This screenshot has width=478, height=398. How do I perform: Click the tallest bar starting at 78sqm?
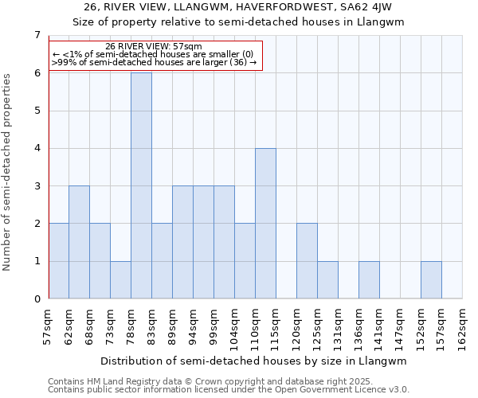pos(141,185)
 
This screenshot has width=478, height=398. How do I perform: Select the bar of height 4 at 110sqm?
pos(265,224)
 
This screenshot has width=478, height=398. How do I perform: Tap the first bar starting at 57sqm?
pos(58,261)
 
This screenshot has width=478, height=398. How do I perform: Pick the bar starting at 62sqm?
pos(79,242)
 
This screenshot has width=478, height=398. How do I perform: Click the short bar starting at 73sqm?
pos(120,280)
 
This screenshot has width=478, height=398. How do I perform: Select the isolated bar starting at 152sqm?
pos(431,280)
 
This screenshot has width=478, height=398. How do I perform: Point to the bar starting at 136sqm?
pos(369,280)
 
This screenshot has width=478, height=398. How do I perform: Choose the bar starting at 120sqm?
pos(307,261)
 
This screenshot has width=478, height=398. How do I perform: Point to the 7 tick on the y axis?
pos(37,35)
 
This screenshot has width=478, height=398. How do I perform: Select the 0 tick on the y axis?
pos(37,299)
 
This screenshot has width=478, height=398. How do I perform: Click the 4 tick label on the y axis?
pos(37,148)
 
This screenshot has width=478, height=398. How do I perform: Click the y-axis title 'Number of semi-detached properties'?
pos(8,171)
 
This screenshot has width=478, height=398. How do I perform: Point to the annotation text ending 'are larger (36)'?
pos(154,62)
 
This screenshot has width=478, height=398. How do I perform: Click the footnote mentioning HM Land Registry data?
pos(227,381)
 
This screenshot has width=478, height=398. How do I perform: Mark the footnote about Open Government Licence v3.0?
pos(229,389)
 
